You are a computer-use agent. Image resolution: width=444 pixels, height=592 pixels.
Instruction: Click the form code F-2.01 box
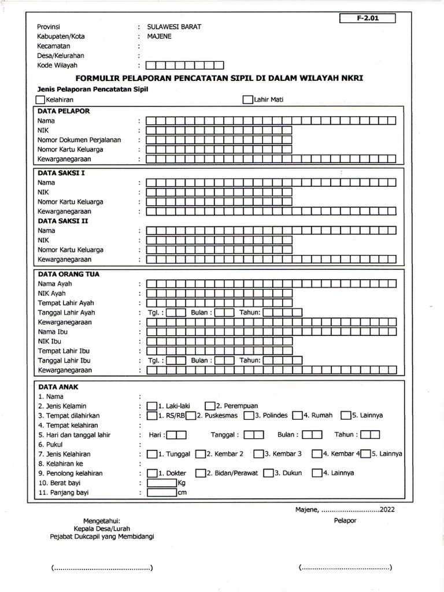coord(368,18)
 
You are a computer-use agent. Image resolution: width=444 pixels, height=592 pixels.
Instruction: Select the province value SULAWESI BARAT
coord(174,27)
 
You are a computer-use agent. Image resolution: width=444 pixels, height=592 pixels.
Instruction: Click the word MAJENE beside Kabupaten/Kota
coord(160,36)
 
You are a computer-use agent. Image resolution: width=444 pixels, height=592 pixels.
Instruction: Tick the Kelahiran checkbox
coord(40,100)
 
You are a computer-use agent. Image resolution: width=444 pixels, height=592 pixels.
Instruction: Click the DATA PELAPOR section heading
coord(64,110)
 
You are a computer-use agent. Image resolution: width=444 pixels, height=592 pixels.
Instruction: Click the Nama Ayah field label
coord(55,283)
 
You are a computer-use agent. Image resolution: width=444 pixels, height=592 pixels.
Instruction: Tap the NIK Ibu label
coord(50,341)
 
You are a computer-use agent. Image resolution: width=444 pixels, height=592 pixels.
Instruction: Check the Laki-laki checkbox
coord(152,406)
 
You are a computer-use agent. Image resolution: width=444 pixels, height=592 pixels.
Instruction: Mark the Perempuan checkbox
coord(210,406)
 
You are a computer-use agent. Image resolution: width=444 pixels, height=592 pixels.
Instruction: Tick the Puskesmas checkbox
coord(191,416)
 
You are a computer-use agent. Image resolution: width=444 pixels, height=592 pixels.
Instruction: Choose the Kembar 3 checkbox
coord(259,454)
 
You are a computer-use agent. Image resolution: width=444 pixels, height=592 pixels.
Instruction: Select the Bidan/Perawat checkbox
coord(201,473)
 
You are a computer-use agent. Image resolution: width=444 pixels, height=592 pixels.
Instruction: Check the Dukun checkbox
coord(268,473)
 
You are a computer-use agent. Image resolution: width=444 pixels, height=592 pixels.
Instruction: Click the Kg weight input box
coord(162,483)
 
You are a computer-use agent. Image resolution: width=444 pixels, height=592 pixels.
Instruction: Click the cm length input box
coord(162,493)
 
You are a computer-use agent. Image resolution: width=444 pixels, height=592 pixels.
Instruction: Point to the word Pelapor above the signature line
coord(345,521)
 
